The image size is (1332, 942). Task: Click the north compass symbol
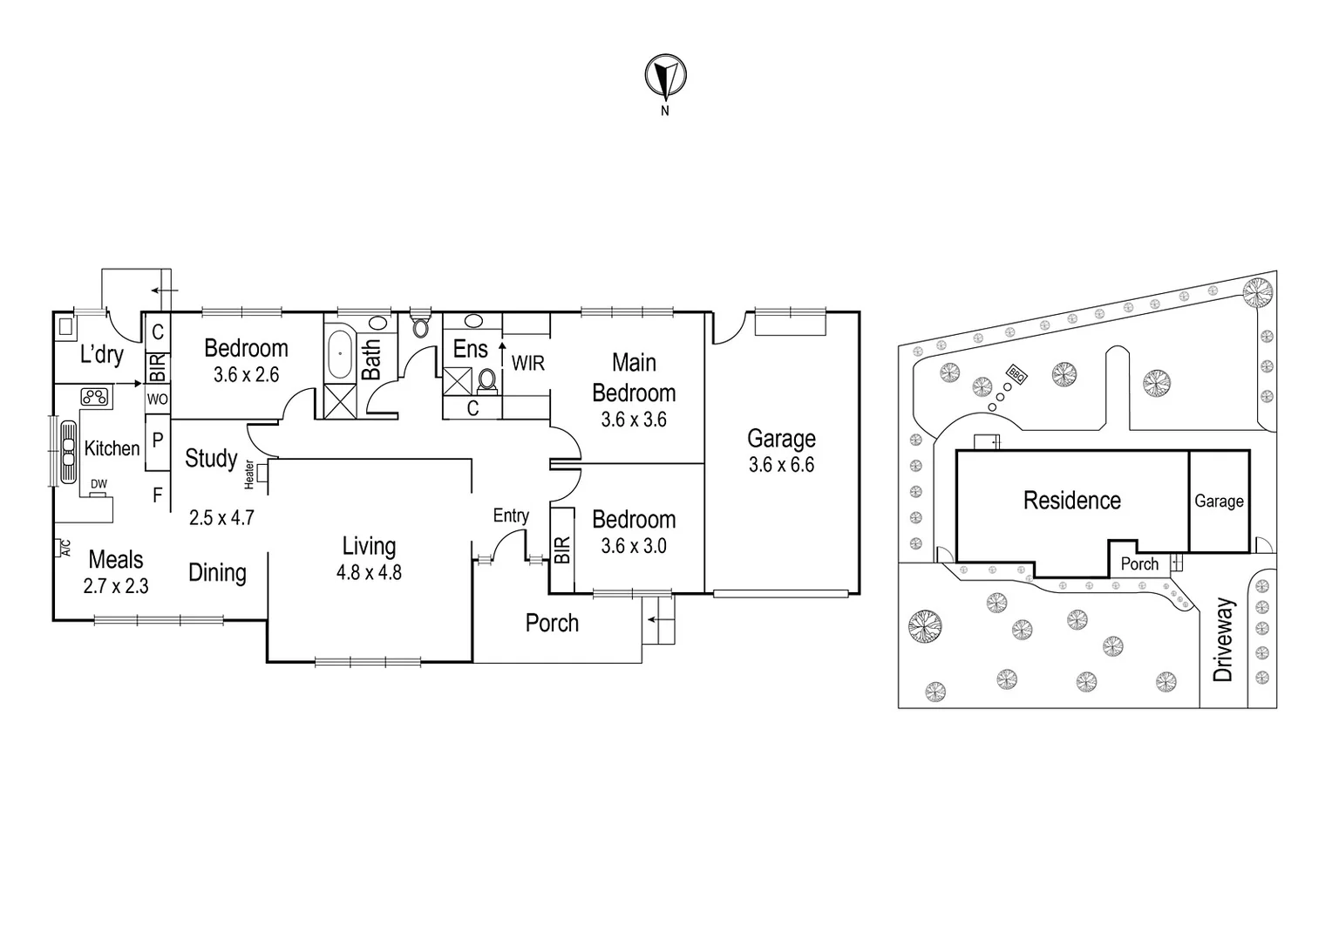point(665,77)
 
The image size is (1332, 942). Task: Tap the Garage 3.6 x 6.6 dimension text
point(781,465)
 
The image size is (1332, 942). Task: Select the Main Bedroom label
point(634,378)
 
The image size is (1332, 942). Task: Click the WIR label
point(528,363)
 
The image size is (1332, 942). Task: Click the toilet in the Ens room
point(486,381)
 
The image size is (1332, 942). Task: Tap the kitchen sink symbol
point(67,449)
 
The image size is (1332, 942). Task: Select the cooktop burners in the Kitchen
point(95,397)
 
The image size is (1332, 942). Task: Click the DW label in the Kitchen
point(99,484)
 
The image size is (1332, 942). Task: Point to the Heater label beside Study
point(250,473)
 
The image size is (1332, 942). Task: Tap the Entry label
point(511,515)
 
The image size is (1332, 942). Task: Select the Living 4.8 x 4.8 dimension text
point(369,573)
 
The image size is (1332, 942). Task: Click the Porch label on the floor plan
point(552,623)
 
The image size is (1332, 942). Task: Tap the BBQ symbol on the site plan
point(1016,374)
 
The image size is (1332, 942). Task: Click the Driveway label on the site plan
point(1225,639)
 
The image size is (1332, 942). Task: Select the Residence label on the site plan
point(1071,501)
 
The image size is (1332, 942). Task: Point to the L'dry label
point(101,355)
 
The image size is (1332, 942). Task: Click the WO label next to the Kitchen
point(157,399)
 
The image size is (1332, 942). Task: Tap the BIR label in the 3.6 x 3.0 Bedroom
point(562,549)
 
